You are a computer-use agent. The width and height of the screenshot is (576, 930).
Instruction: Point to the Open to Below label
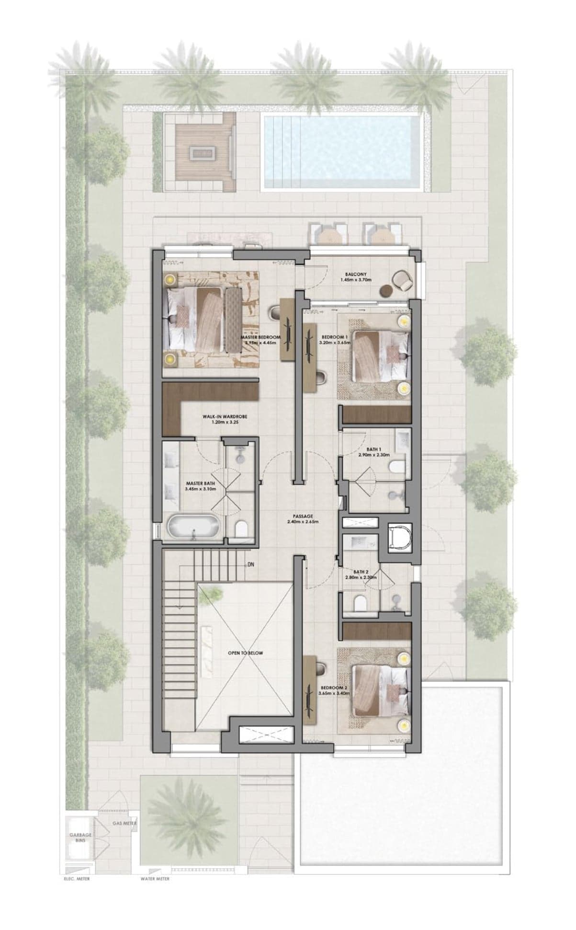tap(245, 653)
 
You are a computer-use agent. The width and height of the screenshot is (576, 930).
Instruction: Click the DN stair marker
tap(250, 564)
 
